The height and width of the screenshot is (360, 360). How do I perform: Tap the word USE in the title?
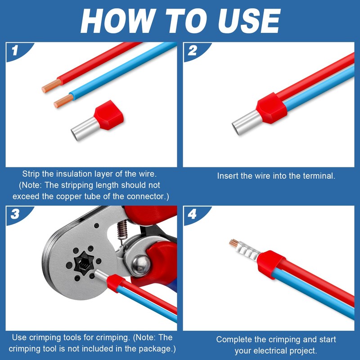coord(249,21)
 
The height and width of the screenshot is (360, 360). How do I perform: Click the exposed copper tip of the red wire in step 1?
coord(52,85)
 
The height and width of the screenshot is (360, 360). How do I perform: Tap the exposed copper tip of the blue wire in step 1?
coord(64,101)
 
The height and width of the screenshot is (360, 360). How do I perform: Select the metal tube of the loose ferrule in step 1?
coord(85,129)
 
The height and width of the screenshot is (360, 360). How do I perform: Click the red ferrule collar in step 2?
coord(272,108)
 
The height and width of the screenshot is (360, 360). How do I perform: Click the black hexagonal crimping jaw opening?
coord(84,263)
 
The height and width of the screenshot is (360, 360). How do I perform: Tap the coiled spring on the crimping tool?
coord(121,230)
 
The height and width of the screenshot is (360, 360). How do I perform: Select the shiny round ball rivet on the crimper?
coord(140,265)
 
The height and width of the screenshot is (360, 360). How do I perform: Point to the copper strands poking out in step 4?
coord(233,243)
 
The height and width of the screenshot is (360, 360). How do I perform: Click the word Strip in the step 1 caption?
coord(31,174)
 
